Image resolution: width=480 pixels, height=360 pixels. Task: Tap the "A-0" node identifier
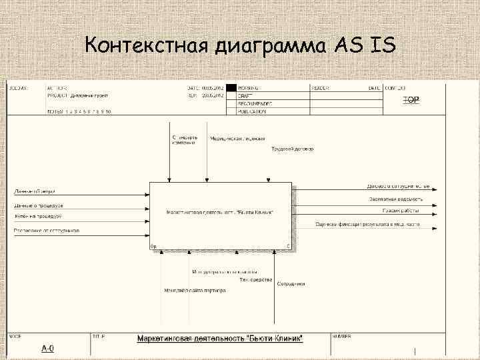pos(48,347)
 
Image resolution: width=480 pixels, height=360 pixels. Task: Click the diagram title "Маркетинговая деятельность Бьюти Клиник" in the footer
pos(220,339)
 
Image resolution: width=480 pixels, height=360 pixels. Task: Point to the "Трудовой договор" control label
pos(292,149)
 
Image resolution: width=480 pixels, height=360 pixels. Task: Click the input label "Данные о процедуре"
pos(39,205)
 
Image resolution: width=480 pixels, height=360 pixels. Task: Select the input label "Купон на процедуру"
pos(38,217)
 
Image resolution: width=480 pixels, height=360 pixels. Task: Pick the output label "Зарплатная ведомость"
pos(395,199)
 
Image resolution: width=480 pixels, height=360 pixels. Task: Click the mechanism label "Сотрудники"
pos(291,284)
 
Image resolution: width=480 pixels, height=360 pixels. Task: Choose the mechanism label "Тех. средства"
pos(256,279)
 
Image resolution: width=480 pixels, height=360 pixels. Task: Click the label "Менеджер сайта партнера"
pos(195,291)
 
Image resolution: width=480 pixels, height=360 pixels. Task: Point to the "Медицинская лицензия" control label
pos(234,139)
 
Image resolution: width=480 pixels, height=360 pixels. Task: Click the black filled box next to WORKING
pos(231,87)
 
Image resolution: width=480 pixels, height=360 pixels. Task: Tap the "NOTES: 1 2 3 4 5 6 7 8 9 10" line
pos(79,111)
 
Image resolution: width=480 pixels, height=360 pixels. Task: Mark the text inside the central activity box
pos(220,213)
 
